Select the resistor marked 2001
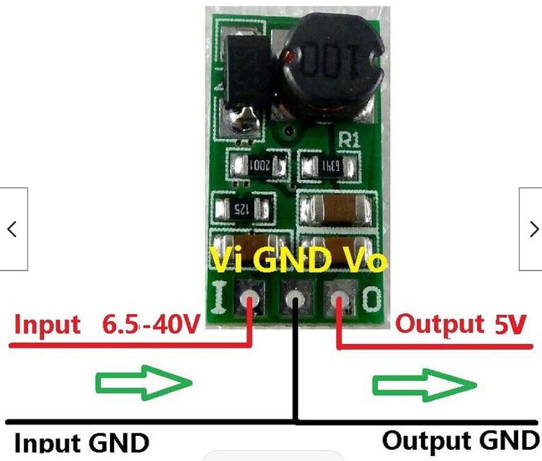coord(259,165)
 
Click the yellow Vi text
coord(227,261)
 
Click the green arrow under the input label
coord(145,383)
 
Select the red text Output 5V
coord(461,323)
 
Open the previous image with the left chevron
coord(13,229)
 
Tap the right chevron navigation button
coord(531,229)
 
